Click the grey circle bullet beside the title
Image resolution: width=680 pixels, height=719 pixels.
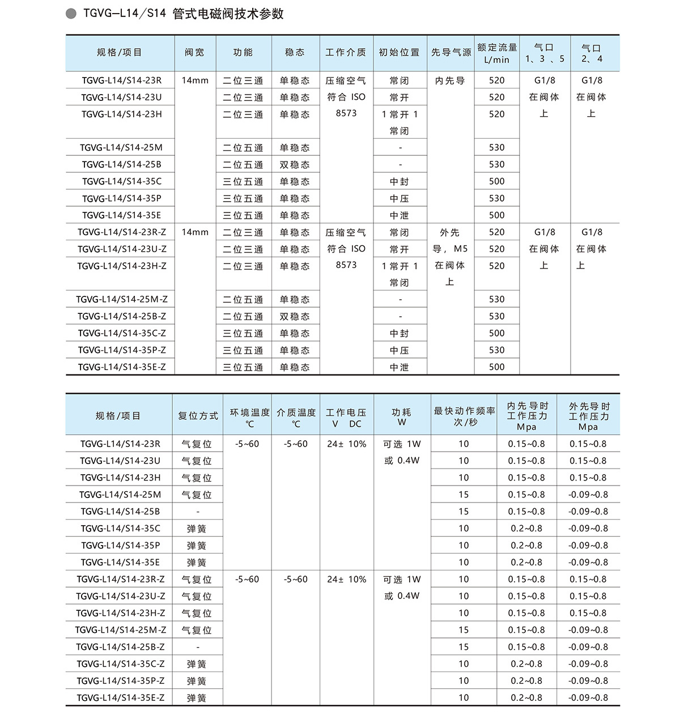(71, 14)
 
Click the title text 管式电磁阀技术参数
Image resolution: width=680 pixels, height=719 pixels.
(228, 14)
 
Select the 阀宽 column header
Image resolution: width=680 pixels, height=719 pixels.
(195, 53)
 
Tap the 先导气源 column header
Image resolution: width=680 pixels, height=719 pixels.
(450, 53)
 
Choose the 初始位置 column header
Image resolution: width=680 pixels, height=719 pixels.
(399, 53)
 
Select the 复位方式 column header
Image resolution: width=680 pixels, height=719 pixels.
(198, 416)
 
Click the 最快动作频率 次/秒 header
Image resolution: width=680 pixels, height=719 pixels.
(464, 416)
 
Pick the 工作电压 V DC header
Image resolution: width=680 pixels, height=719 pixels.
(346, 418)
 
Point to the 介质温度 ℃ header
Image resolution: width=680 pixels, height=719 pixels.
(296, 418)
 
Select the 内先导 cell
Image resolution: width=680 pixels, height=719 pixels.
(450, 81)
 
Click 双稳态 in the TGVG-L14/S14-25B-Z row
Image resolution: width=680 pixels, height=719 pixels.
(295, 317)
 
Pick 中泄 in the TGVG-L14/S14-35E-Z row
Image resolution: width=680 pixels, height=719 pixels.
(399, 367)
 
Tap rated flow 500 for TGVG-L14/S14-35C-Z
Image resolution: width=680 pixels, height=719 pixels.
(497, 333)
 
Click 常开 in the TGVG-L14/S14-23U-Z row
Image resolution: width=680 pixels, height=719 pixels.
(399, 249)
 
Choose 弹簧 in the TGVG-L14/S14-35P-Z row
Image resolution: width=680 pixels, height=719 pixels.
(197, 681)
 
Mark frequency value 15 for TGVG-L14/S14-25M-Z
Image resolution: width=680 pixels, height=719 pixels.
(464, 630)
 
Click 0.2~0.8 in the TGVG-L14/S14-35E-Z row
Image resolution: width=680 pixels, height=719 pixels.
(526, 697)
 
